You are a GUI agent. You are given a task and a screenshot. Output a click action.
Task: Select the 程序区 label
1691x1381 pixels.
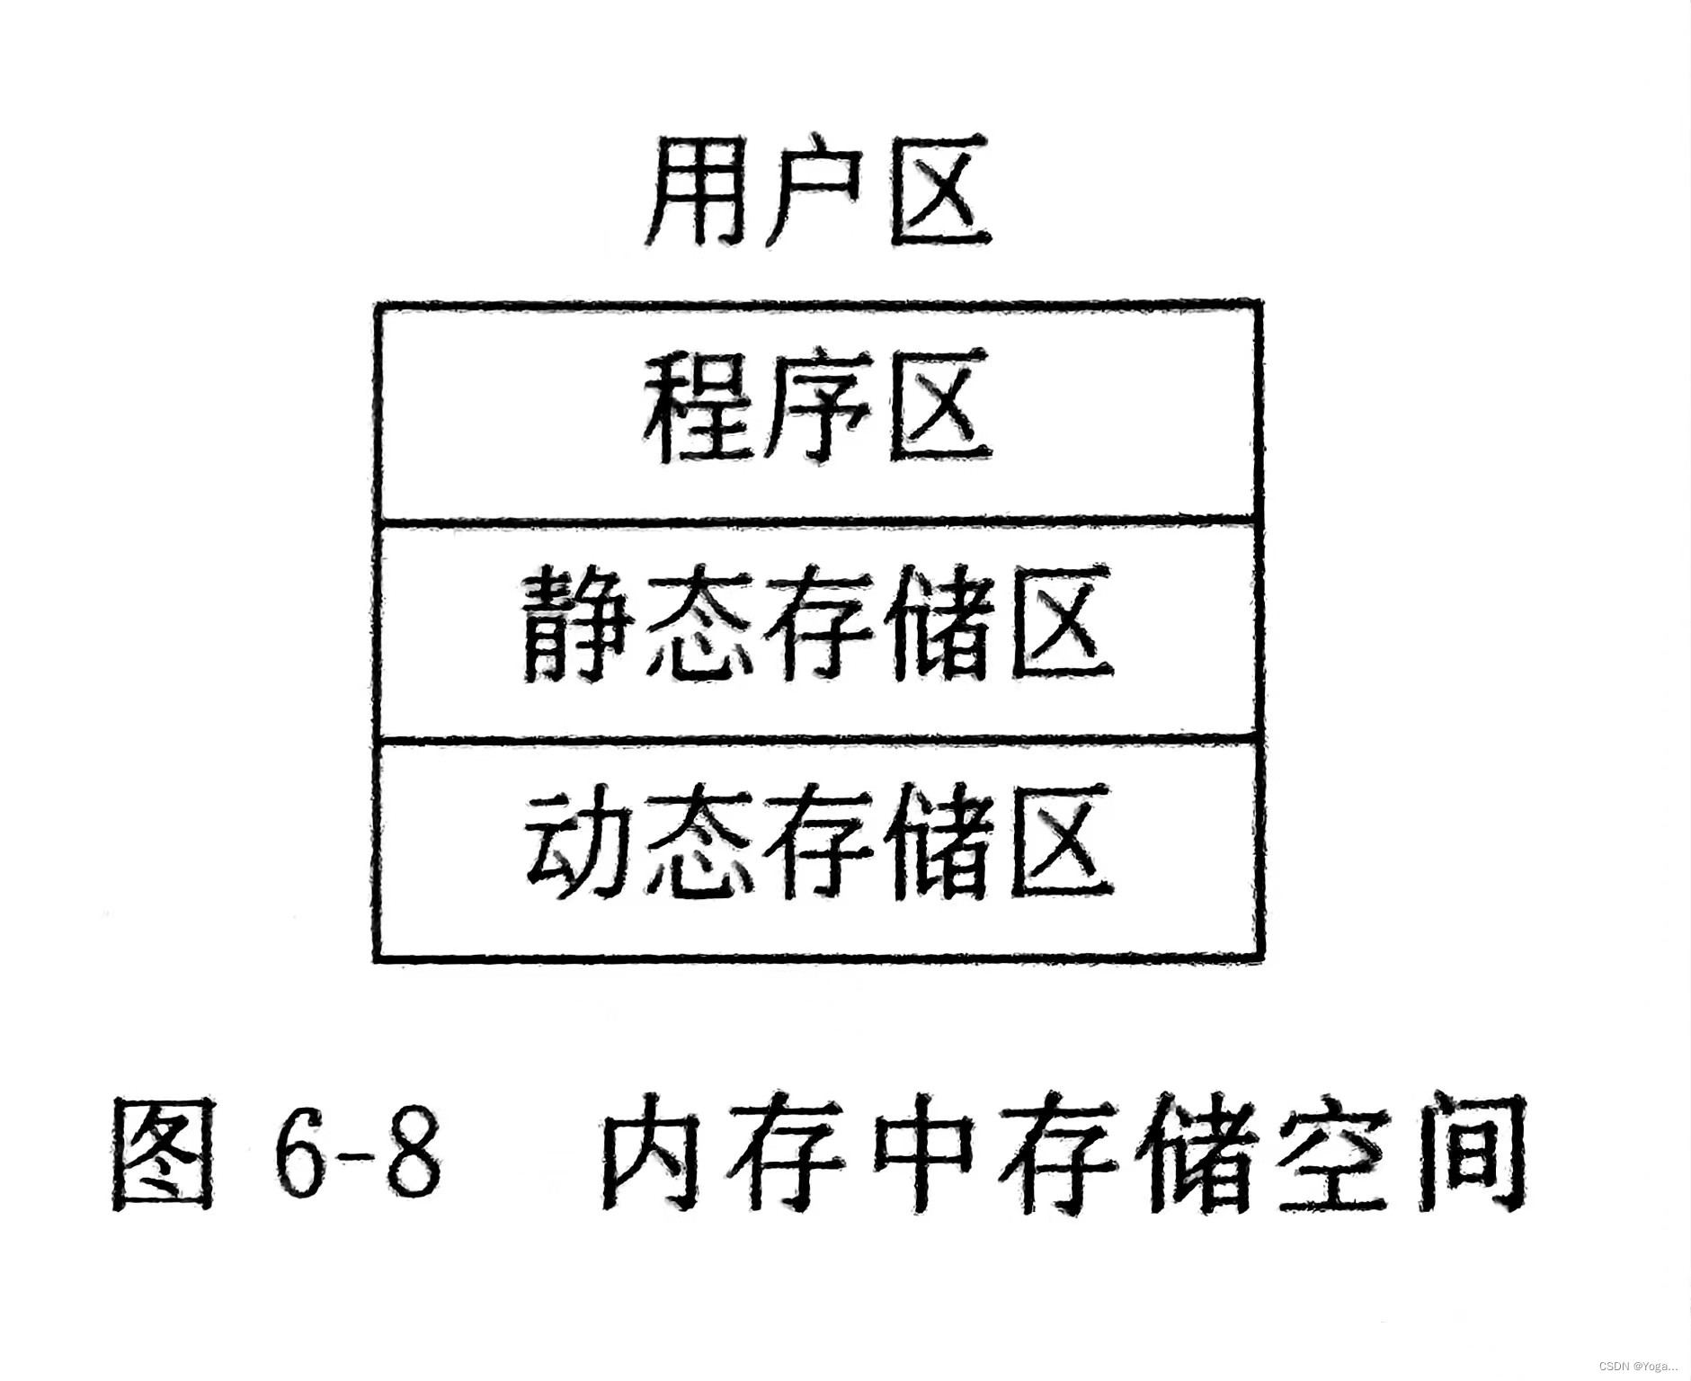pos(818,409)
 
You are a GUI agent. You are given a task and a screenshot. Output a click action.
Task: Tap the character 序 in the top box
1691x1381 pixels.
pos(816,409)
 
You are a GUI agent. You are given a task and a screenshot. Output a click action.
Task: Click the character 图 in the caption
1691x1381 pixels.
pos(164,1153)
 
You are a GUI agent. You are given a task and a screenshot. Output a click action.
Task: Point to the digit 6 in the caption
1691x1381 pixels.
pos(301,1153)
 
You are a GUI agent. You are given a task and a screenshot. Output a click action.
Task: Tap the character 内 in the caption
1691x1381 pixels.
pos(656,1153)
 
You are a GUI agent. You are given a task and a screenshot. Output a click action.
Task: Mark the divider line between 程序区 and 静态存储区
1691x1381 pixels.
pos(818,520)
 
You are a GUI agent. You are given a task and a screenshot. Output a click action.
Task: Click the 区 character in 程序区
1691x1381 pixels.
pos(939,409)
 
